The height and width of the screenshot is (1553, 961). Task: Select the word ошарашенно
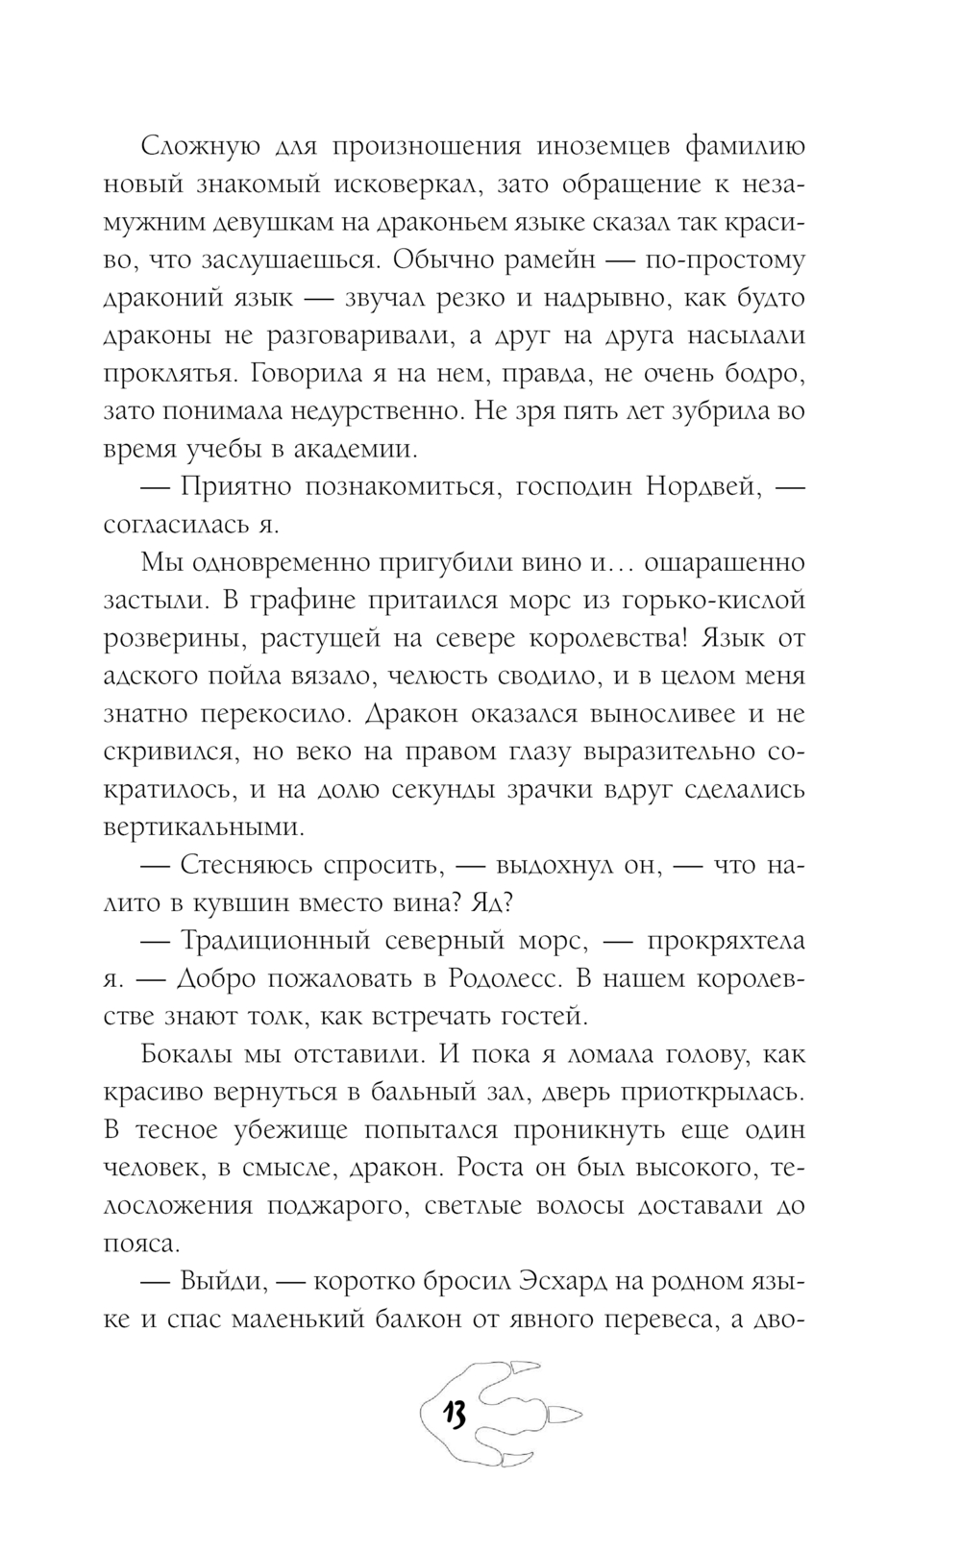tap(724, 561)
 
